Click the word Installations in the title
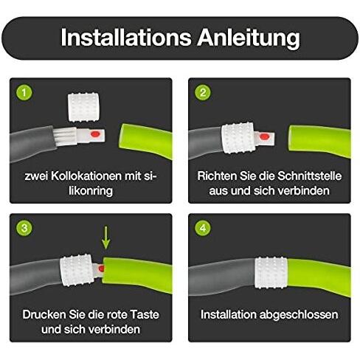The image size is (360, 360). (126, 37)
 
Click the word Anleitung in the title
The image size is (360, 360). (249, 38)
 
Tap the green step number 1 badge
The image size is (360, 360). (24, 92)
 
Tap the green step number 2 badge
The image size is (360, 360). (203, 92)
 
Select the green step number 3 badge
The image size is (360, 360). (24, 228)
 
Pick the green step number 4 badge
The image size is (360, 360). (203, 228)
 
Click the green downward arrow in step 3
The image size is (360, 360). (106, 238)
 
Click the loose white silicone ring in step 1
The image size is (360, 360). (83, 107)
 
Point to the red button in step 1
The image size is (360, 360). (95, 134)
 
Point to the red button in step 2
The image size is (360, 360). (264, 136)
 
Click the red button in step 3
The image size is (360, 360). (101, 269)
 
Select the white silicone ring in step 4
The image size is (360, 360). (271, 273)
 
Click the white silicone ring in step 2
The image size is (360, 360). (238, 138)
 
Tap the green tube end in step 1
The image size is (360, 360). (145, 140)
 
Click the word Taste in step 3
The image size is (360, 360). (145, 315)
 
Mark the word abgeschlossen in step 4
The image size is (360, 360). (299, 315)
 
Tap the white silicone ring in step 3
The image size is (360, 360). (77, 271)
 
